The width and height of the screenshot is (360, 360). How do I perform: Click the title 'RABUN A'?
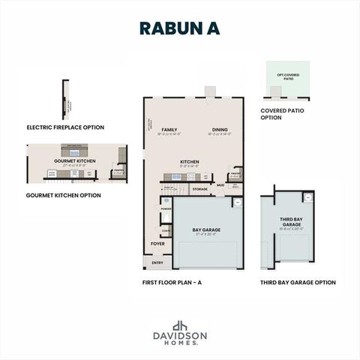(x=179, y=28)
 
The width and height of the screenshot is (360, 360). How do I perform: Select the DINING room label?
(x=220, y=130)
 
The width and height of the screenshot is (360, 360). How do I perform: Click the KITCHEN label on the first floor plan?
(x=189, y=162)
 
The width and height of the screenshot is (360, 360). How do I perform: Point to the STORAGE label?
(x=199, y=189)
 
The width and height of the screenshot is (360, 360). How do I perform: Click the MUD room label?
(x=220, y=184)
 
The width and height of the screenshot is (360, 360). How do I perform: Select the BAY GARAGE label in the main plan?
(x=205, y=229)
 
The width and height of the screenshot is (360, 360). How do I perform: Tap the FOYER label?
(x=157, y=244)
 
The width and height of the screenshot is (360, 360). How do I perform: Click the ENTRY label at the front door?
(x=157, y=262)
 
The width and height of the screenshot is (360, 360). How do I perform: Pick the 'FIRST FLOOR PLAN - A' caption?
(x=172, y=283)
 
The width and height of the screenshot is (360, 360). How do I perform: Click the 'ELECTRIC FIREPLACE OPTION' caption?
(x=65, y=127)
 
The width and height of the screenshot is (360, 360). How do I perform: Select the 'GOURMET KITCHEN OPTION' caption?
(x=64, y=195)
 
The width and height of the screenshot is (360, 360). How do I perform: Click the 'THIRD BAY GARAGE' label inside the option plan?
(x=292, y=222)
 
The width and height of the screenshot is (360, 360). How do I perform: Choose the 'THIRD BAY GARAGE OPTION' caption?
(x=298, y=283)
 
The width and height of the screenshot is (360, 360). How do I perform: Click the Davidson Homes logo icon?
(x=179, y=325)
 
